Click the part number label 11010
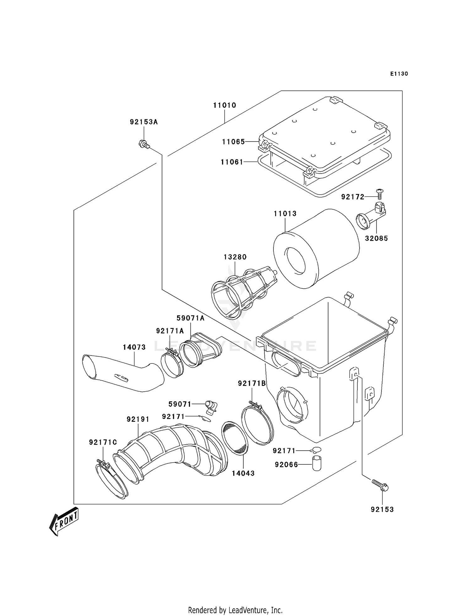pyautogui.click(x=225, y=105)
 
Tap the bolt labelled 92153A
pyautogui.click(x=143, y=144)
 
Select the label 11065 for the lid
pyautogui.click(x=233, y=142)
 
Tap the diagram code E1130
pyautogui.click(x=399, y=74)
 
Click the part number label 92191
pyautogui.click(x=138, y=420)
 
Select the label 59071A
pyautogui.click(x=190, y=318)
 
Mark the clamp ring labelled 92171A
pyautogui.click(x=172, y=365)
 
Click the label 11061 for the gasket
pyautogui.click(x=232, y=162)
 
